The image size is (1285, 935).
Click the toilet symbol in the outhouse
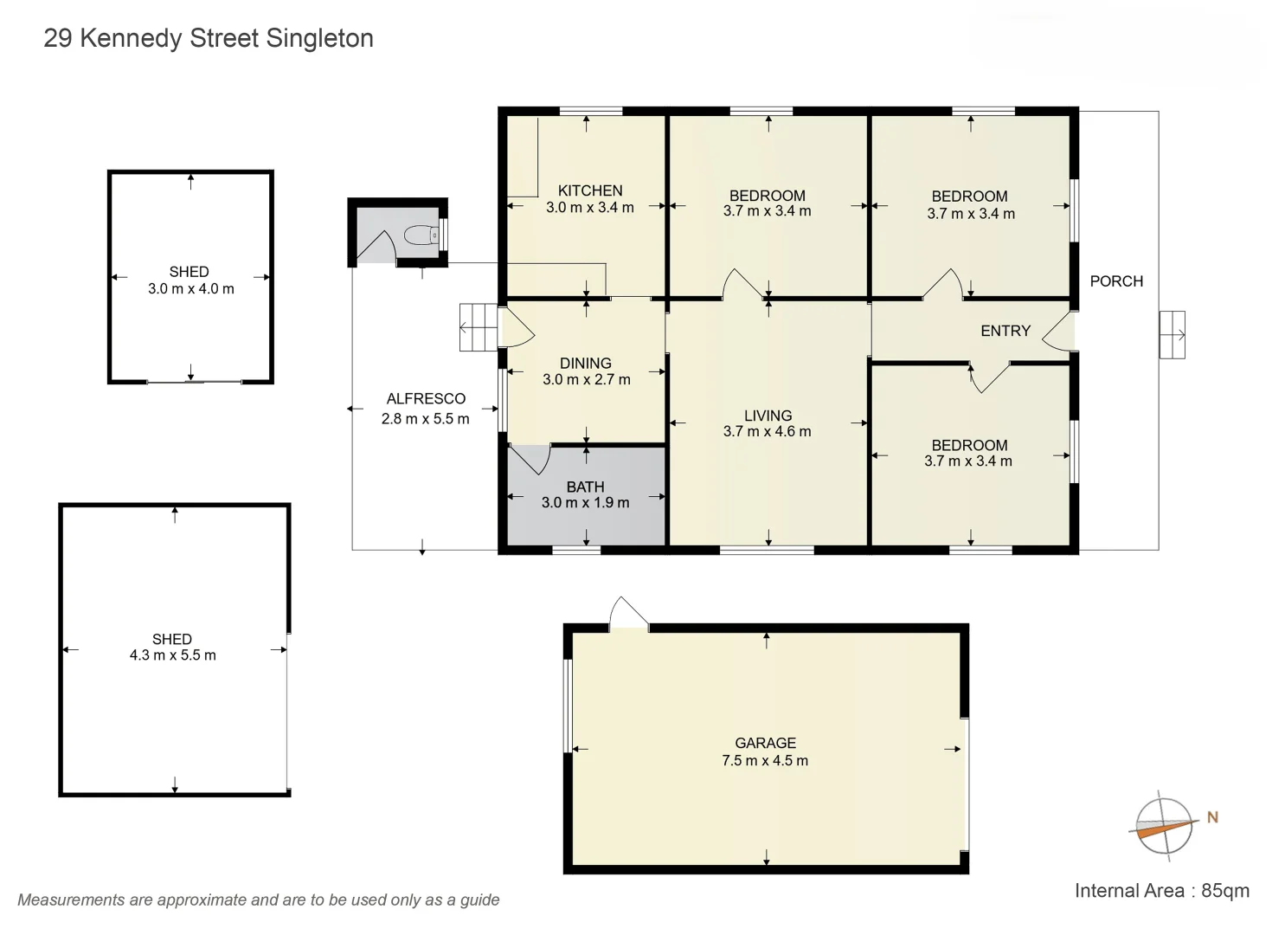point(421,235)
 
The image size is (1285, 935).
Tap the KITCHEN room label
point(590,190)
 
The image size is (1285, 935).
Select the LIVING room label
point(768,416)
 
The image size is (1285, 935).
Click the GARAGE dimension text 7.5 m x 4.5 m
point(765,761)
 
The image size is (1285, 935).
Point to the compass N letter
point(1212,817)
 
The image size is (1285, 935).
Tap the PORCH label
point(1116,281)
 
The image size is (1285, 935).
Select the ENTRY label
point(1006,331)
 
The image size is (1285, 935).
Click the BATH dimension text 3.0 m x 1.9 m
point(586,503)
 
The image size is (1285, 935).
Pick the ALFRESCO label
point(426,399)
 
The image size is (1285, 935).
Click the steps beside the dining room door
point(478,327)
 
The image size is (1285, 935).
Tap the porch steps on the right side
point(1173,334)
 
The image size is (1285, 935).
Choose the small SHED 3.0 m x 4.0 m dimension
point(190,289)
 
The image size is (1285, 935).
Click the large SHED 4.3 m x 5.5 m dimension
point(173,655)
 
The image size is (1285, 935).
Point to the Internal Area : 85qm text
point(1161,891)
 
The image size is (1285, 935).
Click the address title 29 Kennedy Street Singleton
point(209,38)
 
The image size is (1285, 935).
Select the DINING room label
point(586,364)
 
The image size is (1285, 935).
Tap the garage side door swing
point(628,613)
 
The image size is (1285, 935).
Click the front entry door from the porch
point(1059,332)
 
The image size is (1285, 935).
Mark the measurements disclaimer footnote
point(259,900)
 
